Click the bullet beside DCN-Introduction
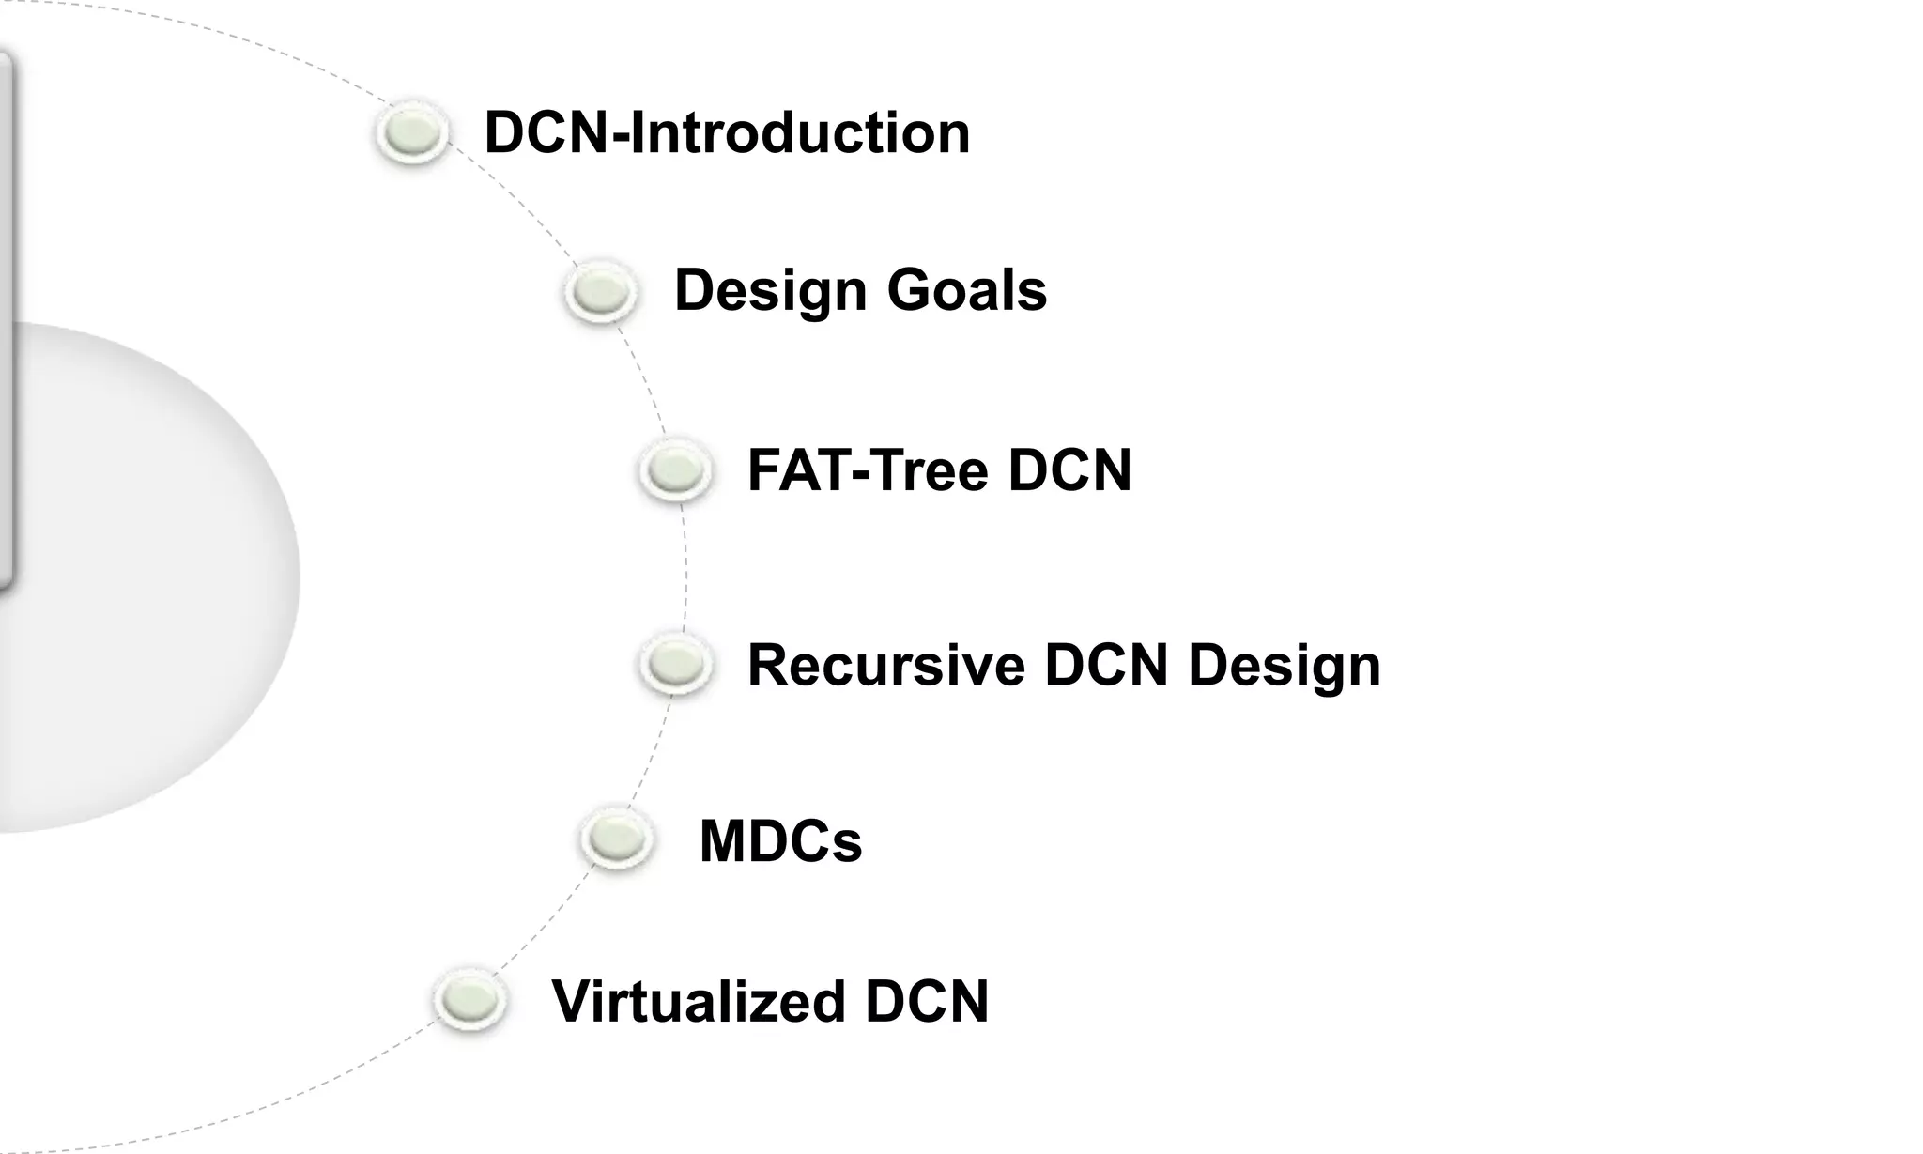(x=412, y=131)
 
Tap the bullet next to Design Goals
(x=601, y=291)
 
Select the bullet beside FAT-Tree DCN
(x=674, y=469)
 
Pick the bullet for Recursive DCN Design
(x=676, y=664)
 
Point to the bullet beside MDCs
(x=617, y=837)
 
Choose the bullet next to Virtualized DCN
(x=469, y=1000)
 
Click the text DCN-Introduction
(x=727, y=132)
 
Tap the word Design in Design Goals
(x=770, y=291)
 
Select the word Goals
(x=966, y=289)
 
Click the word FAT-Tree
(x=867, y=469)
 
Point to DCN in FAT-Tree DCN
(x=1069, y=469)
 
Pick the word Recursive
(x=885, y=665)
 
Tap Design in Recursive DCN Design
(x=1285, y=667)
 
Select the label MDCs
(x=780, y=840)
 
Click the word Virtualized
(x=699, y=1001)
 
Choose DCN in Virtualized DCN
(x=927, y=1001)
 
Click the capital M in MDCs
(x=723, y=840)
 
